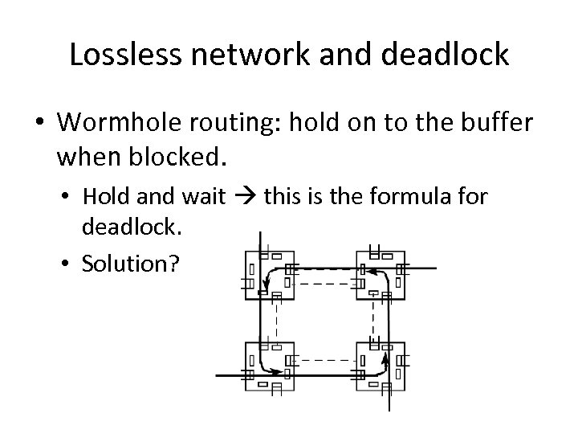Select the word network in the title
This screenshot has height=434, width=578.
(238, 55)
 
